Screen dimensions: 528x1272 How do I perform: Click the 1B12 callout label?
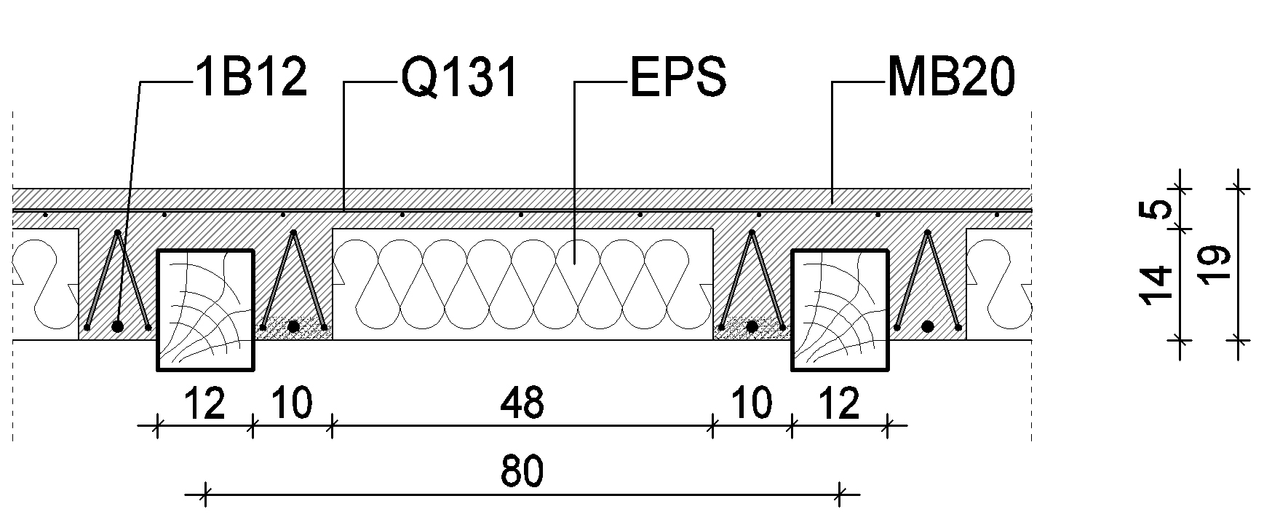click(x=252, y=78)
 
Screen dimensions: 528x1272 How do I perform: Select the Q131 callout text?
click(x=459, y=78)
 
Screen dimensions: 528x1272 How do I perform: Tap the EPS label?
click(x=677, y=78)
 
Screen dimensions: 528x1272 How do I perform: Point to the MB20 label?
click(x=950, y=78)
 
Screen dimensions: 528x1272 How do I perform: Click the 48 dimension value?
click(x=522, y=403)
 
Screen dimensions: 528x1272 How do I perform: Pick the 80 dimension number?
click(x=522, y=473)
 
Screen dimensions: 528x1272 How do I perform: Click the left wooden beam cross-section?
click(x=206, y=310)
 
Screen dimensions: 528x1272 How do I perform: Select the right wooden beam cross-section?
click(x=840, y=310)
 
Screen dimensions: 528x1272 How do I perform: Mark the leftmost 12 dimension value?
click(x=204, y=403)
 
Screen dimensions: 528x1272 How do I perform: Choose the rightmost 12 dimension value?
click(x=839, y=403)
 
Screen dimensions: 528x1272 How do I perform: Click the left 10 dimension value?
click(x=292, y=403)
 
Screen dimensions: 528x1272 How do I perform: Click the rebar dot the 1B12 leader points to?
click(x=118, y=326)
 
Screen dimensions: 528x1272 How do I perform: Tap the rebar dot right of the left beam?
click(x=293, y=326)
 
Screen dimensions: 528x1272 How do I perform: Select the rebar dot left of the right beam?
click(x=752, y=326)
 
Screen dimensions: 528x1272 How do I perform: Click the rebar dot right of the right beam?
click(x=928, y=326)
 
